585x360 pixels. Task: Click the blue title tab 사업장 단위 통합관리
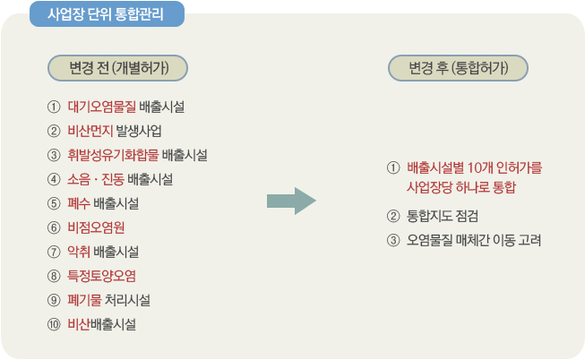point(107,14)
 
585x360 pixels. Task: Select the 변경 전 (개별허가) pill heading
point(117,68)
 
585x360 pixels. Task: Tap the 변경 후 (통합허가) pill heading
point(458,68)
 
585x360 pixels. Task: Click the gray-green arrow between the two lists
point(291,201)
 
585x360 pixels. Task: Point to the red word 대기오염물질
point(102,107)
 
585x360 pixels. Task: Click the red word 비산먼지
point(90,131)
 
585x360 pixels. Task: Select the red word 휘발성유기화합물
point(113,155)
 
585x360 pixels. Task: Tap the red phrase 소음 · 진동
point(96,179)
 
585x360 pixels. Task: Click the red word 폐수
point(79,203)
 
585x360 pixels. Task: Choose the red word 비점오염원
point(96,227)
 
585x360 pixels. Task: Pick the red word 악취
point(79,252)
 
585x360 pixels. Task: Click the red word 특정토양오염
point(101,276)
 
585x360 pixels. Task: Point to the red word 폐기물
point(84,300)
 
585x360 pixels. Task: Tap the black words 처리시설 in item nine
point(127,300)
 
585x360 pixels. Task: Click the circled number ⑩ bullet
point(54,324)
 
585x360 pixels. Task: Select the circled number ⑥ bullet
point(54,227)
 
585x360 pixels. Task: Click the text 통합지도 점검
point(443,216)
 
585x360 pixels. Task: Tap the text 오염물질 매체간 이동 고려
point(474,240)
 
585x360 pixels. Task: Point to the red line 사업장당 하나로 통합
point(461,187)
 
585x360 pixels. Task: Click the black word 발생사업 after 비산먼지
point(139,131)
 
